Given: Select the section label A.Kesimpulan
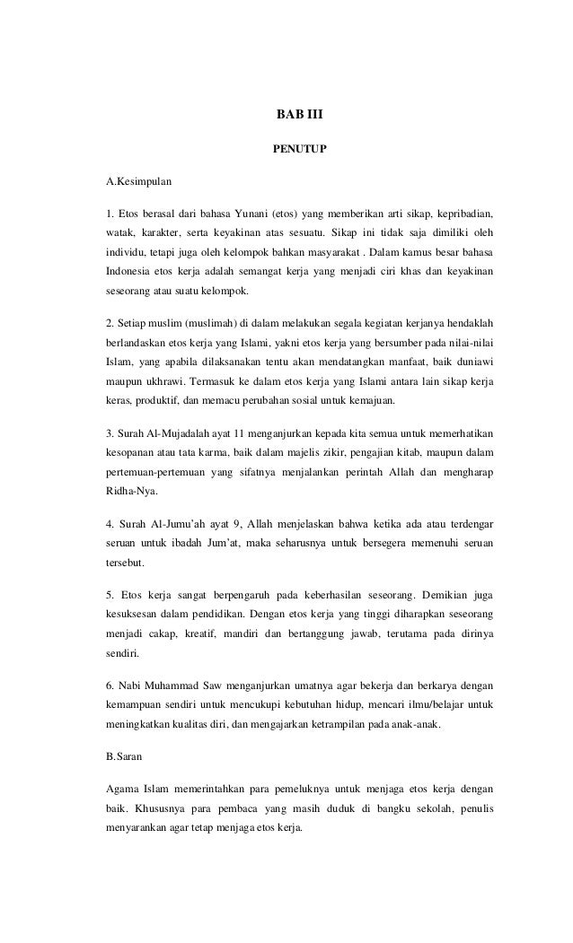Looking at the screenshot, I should [x=138, y=182].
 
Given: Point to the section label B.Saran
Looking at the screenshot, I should [x=125, y=756].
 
